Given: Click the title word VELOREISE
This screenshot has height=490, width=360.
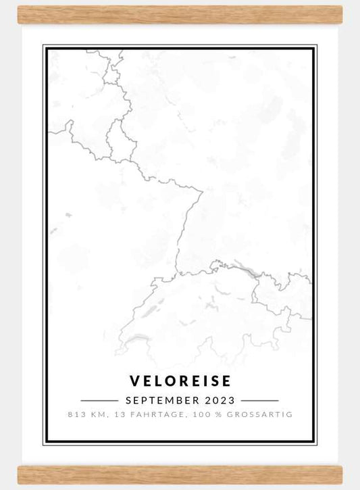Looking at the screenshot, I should coord(180,381).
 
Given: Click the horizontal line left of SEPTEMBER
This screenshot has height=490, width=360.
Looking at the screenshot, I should coord(99,400).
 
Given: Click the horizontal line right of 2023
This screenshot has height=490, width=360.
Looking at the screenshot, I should coord(259,400).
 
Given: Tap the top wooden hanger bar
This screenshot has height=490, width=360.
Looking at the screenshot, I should coord(180,14).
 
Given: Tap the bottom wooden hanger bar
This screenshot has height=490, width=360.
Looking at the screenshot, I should coord(180,474).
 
